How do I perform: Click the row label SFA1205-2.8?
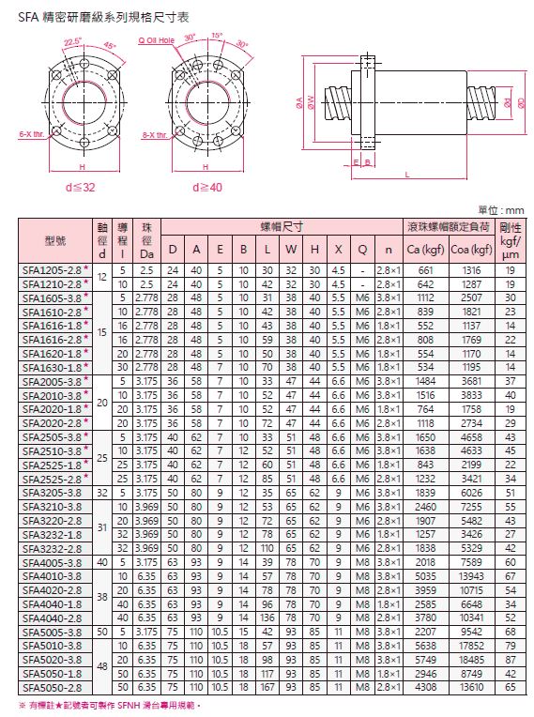tap(52, 270)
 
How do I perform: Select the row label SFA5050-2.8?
tap(52, 687)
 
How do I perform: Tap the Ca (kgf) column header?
tap(425, 250)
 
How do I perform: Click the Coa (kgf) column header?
tap(471, 250)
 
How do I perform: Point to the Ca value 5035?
tap(425, 576)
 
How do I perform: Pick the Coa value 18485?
tap(471, 660)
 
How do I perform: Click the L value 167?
tap(267, 687)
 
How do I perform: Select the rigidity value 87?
tap(511, 660)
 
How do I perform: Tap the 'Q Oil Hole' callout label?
tap(157, 40)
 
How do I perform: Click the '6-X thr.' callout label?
tap(32, 134)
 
